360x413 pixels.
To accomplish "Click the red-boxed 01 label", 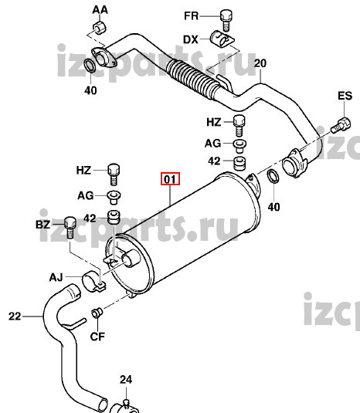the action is (170, 179).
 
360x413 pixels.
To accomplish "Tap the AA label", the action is (100, 10).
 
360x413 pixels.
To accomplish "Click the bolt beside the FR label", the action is (226, 20).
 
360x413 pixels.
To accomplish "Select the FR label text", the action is (191, 15).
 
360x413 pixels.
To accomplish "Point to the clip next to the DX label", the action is (222, 39).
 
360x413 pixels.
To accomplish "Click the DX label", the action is (191, 40).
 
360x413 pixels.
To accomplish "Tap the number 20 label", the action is (260, 63).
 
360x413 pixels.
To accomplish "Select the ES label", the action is (345, 96).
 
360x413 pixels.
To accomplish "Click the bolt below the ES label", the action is (341, 125).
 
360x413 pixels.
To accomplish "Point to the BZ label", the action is (42, 225).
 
